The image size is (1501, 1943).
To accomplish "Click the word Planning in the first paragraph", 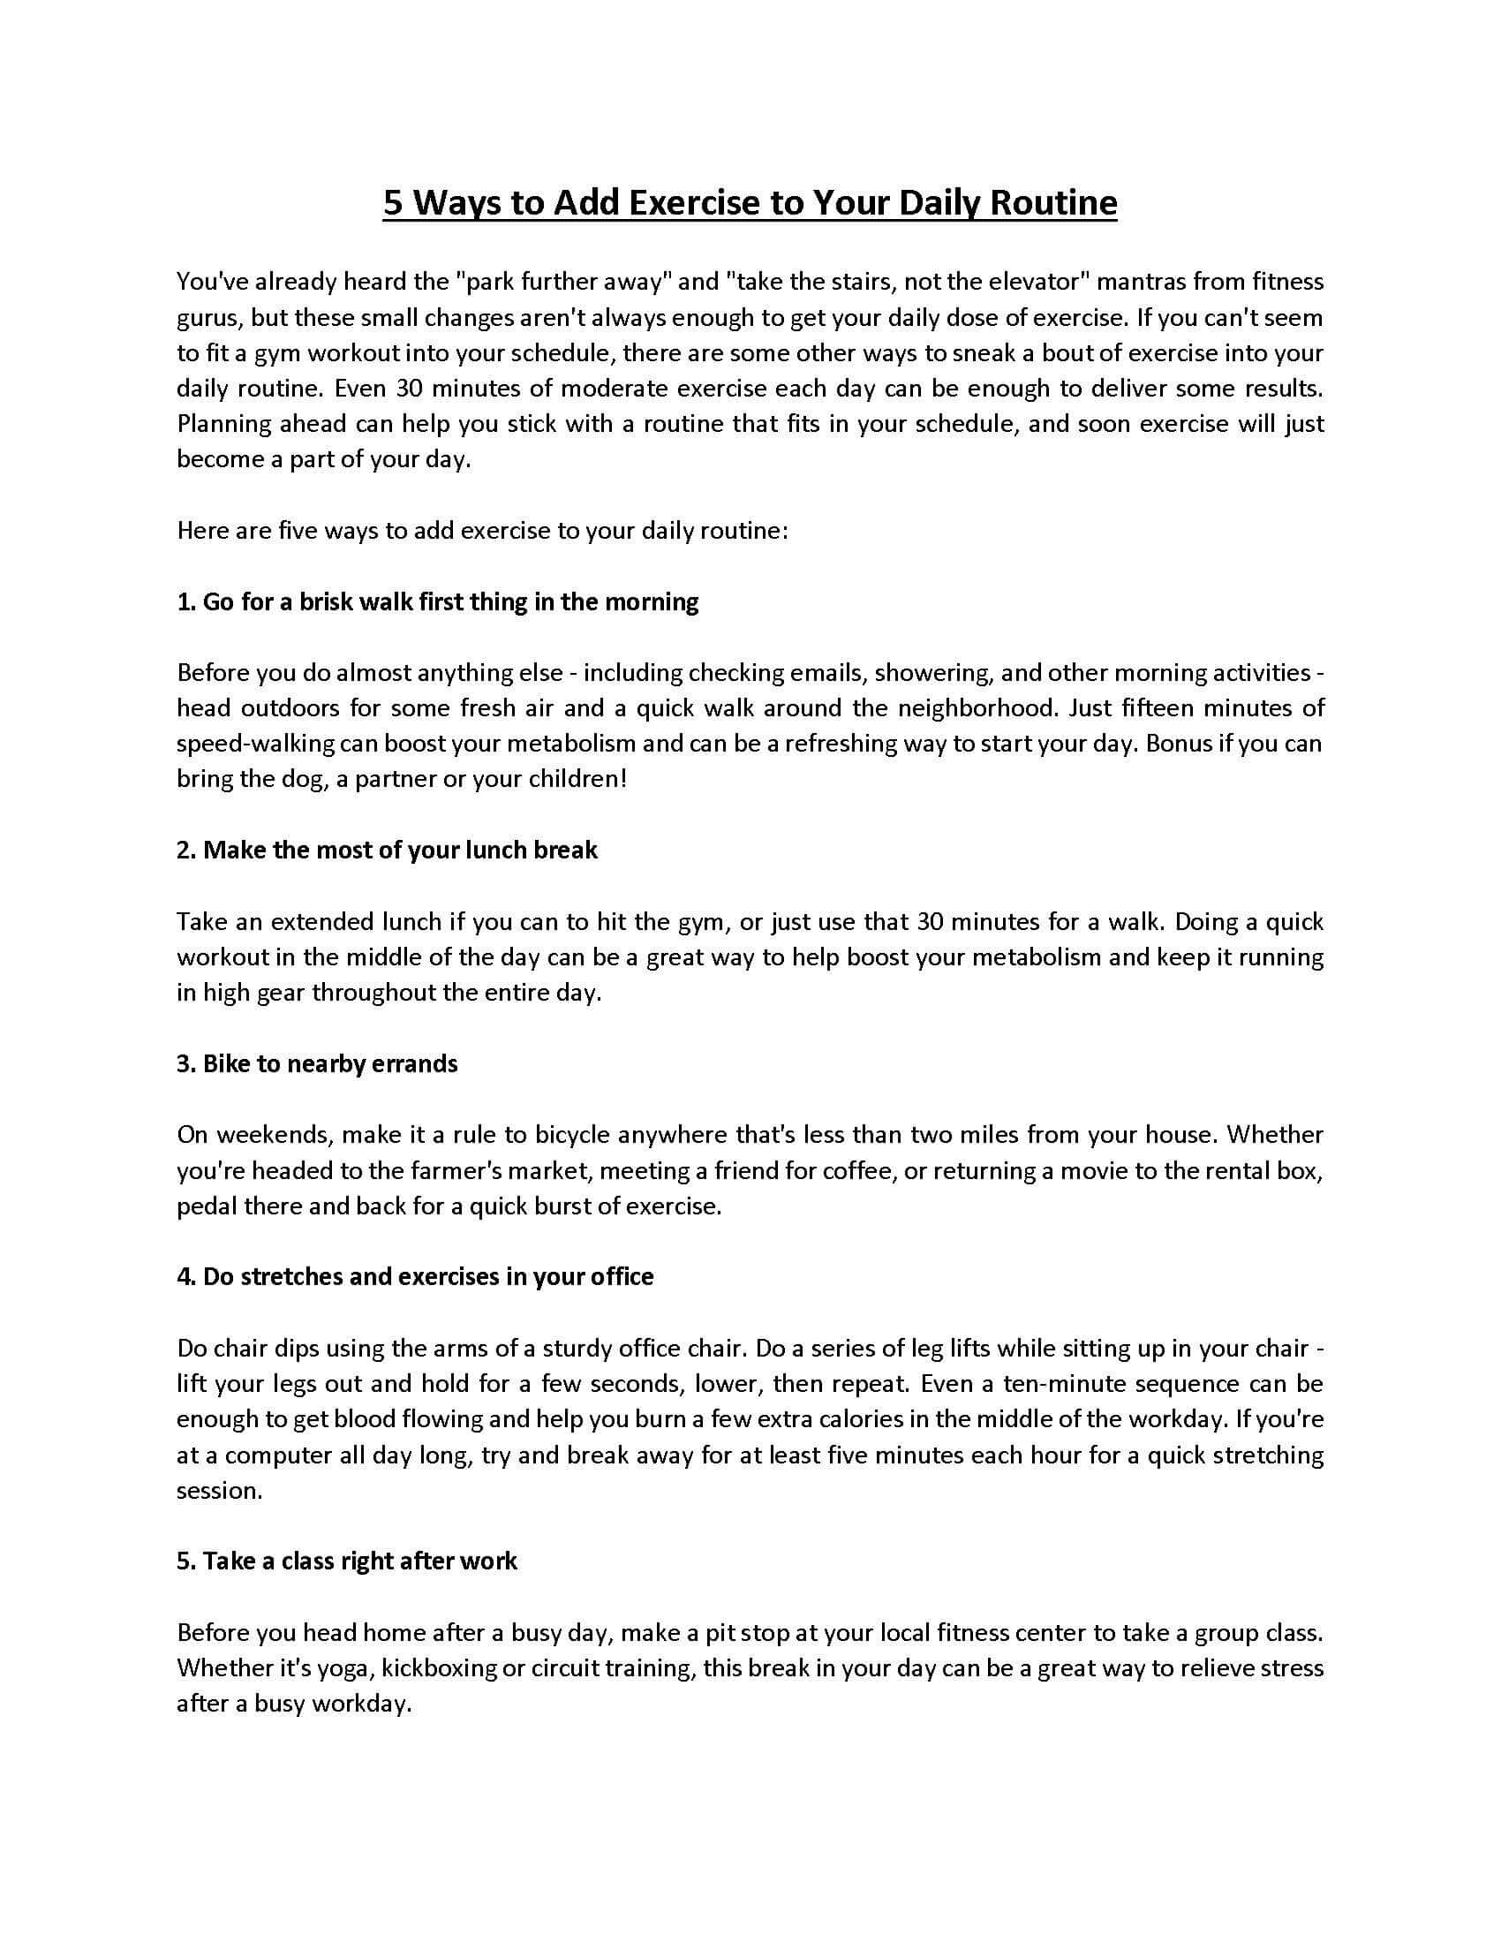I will click(x=223, y=424).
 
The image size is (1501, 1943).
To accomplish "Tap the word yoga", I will click(x=343, y=1668).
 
